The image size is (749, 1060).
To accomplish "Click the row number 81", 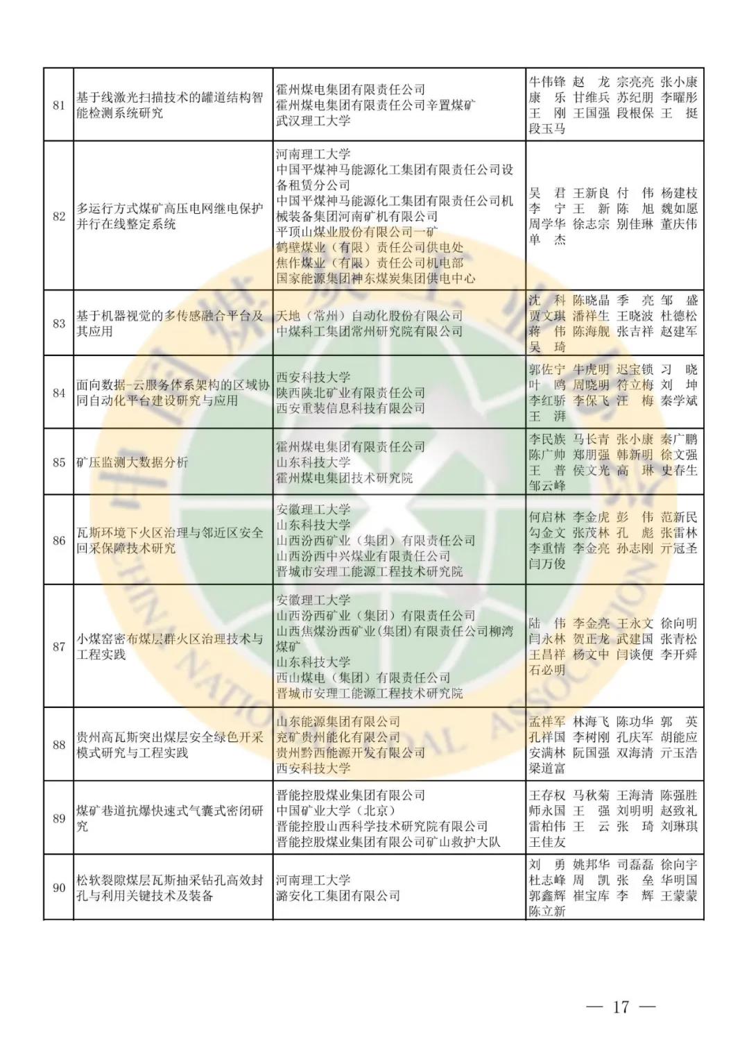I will point(59,106).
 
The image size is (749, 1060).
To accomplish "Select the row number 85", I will point(59,462).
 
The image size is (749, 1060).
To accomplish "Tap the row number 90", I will point(59,888).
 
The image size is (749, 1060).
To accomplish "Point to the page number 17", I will point(620,1007).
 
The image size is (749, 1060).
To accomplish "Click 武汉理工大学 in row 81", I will point(313,121).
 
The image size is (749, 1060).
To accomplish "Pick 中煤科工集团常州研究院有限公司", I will point(369,331).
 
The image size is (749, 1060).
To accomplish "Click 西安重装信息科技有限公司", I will point(350,408).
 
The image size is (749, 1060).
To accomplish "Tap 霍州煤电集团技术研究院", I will point(344,478).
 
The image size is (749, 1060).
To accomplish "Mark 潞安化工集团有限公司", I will point(338,895).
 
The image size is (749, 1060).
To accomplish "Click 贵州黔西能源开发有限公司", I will point(350,752).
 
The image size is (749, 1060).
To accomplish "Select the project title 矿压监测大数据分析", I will point(132,462).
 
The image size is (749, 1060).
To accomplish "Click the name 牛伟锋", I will point(546,82).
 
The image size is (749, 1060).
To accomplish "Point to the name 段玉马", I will point(546,128).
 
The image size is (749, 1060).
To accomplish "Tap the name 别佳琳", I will point(635,224).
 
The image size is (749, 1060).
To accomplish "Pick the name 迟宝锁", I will point(635,369).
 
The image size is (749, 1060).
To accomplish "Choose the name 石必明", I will point(546,670).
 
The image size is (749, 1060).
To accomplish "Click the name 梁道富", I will point(546,768).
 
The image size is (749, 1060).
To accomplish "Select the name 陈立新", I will point(546,911).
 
